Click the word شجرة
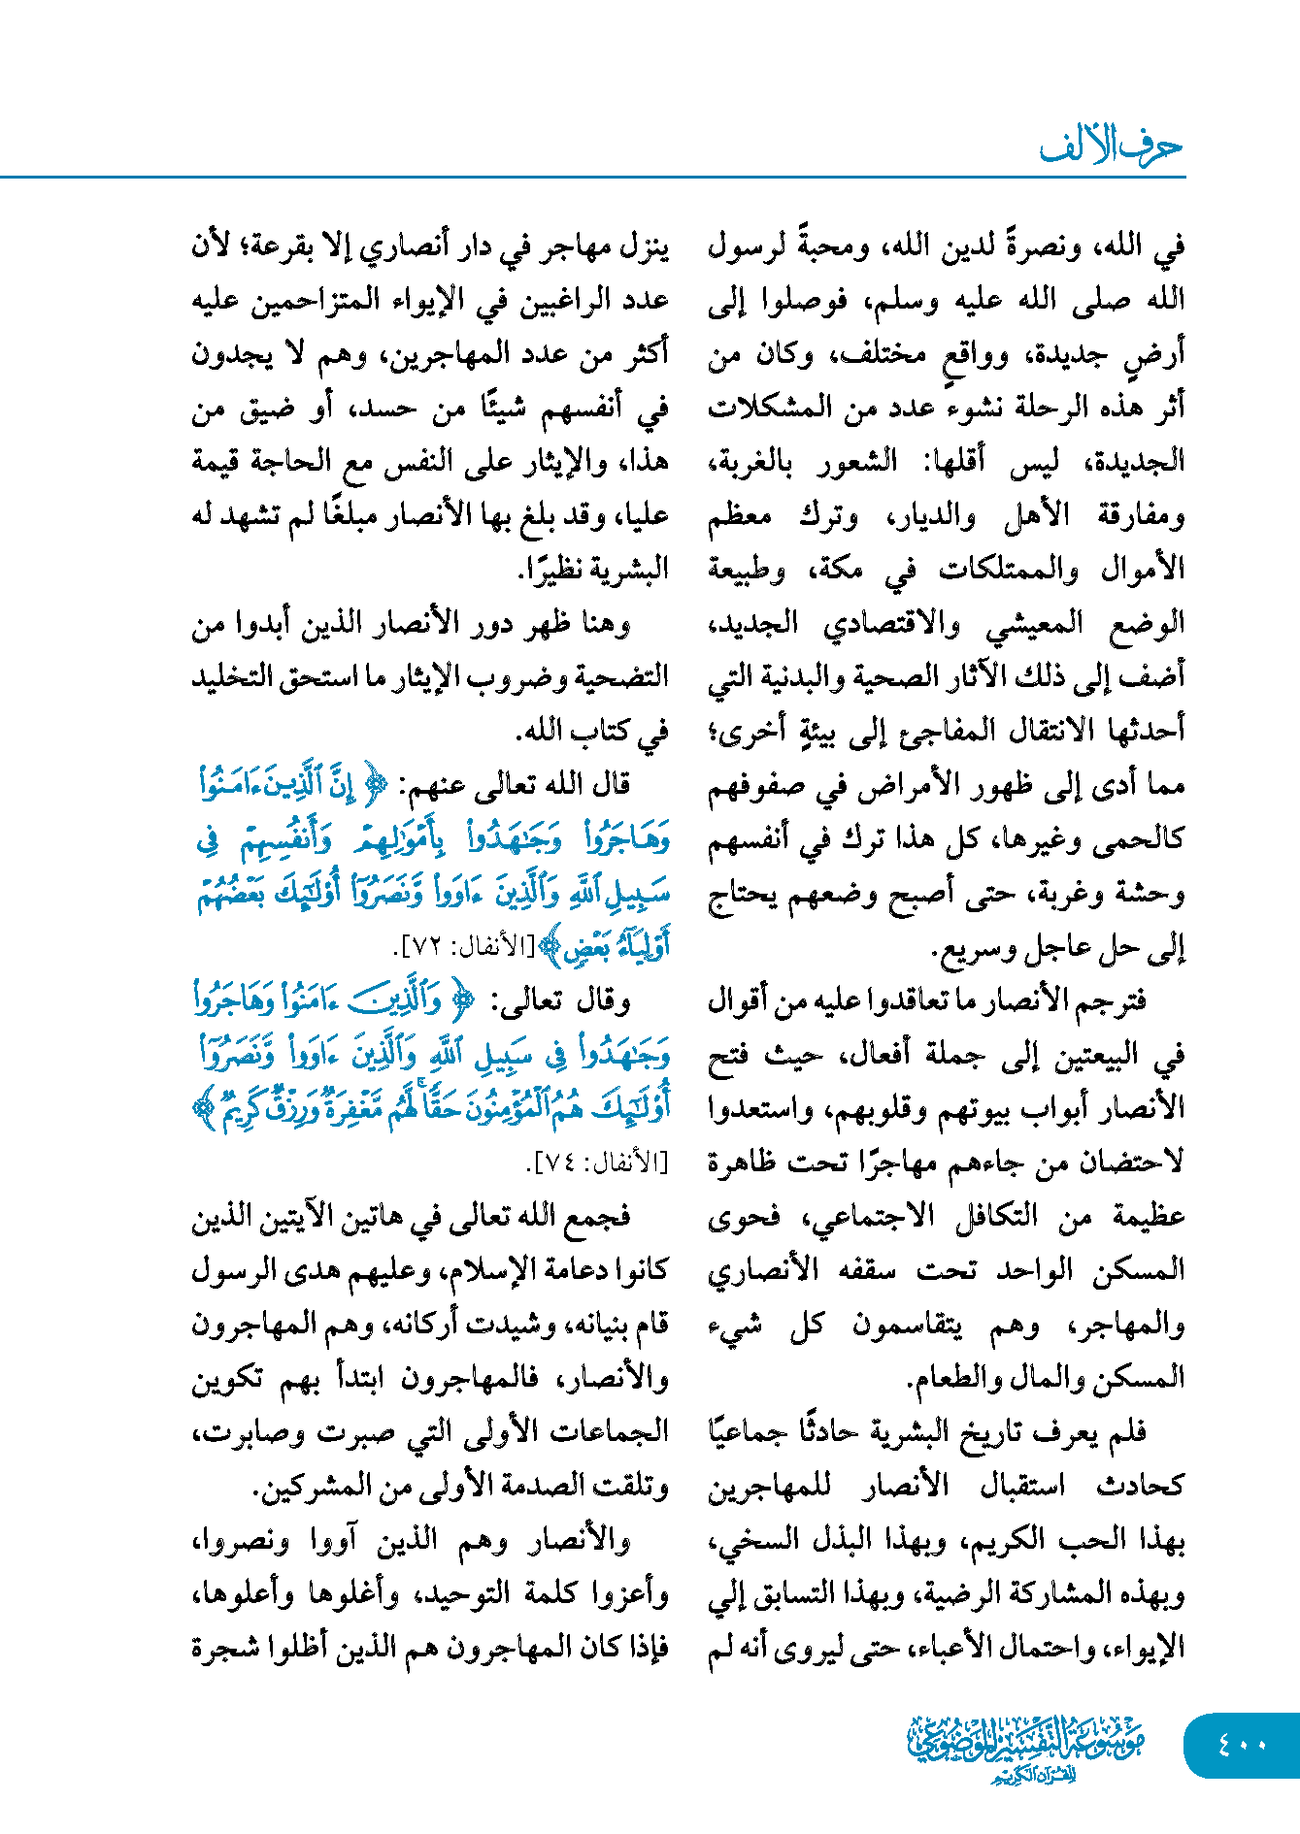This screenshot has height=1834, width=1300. point(224,1648)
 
